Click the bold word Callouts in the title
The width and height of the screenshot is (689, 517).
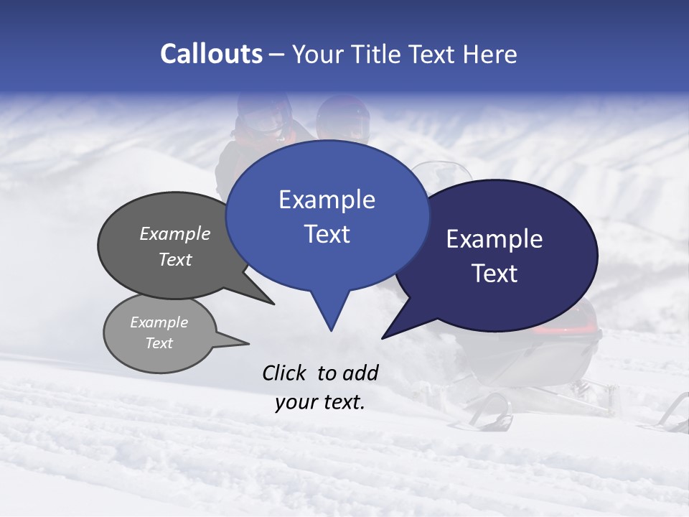[211, 54]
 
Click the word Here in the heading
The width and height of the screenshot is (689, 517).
[491, 55]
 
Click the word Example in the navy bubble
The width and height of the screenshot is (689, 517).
[495, 239]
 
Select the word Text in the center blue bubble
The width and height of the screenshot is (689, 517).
[327, 234]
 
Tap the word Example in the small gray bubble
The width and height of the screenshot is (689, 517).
[159, 322]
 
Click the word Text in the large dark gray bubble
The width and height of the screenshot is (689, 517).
[174, 259]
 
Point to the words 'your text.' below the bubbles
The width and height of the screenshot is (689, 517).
[320, 402]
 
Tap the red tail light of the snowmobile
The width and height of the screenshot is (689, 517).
[567, 329]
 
